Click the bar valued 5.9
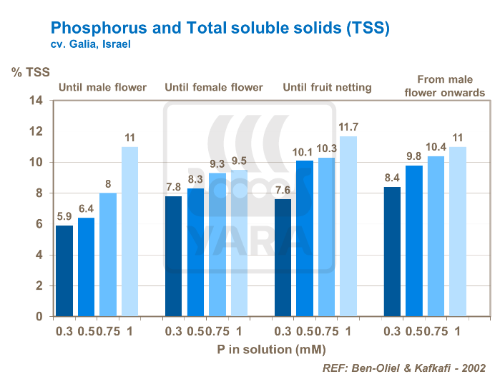tap(64, 271)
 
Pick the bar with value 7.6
tap(283, 258)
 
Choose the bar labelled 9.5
tap(239, 243)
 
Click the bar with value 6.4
tap(86, 267)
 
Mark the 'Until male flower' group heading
tap(102, 88)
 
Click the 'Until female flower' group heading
tap(214, 88)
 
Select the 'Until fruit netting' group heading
tap(328, 88)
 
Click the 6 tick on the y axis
tap(40, 224)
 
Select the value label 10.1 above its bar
tap(304, 152)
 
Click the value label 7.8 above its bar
tap(174, 187)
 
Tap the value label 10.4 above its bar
tap(436, 147)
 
